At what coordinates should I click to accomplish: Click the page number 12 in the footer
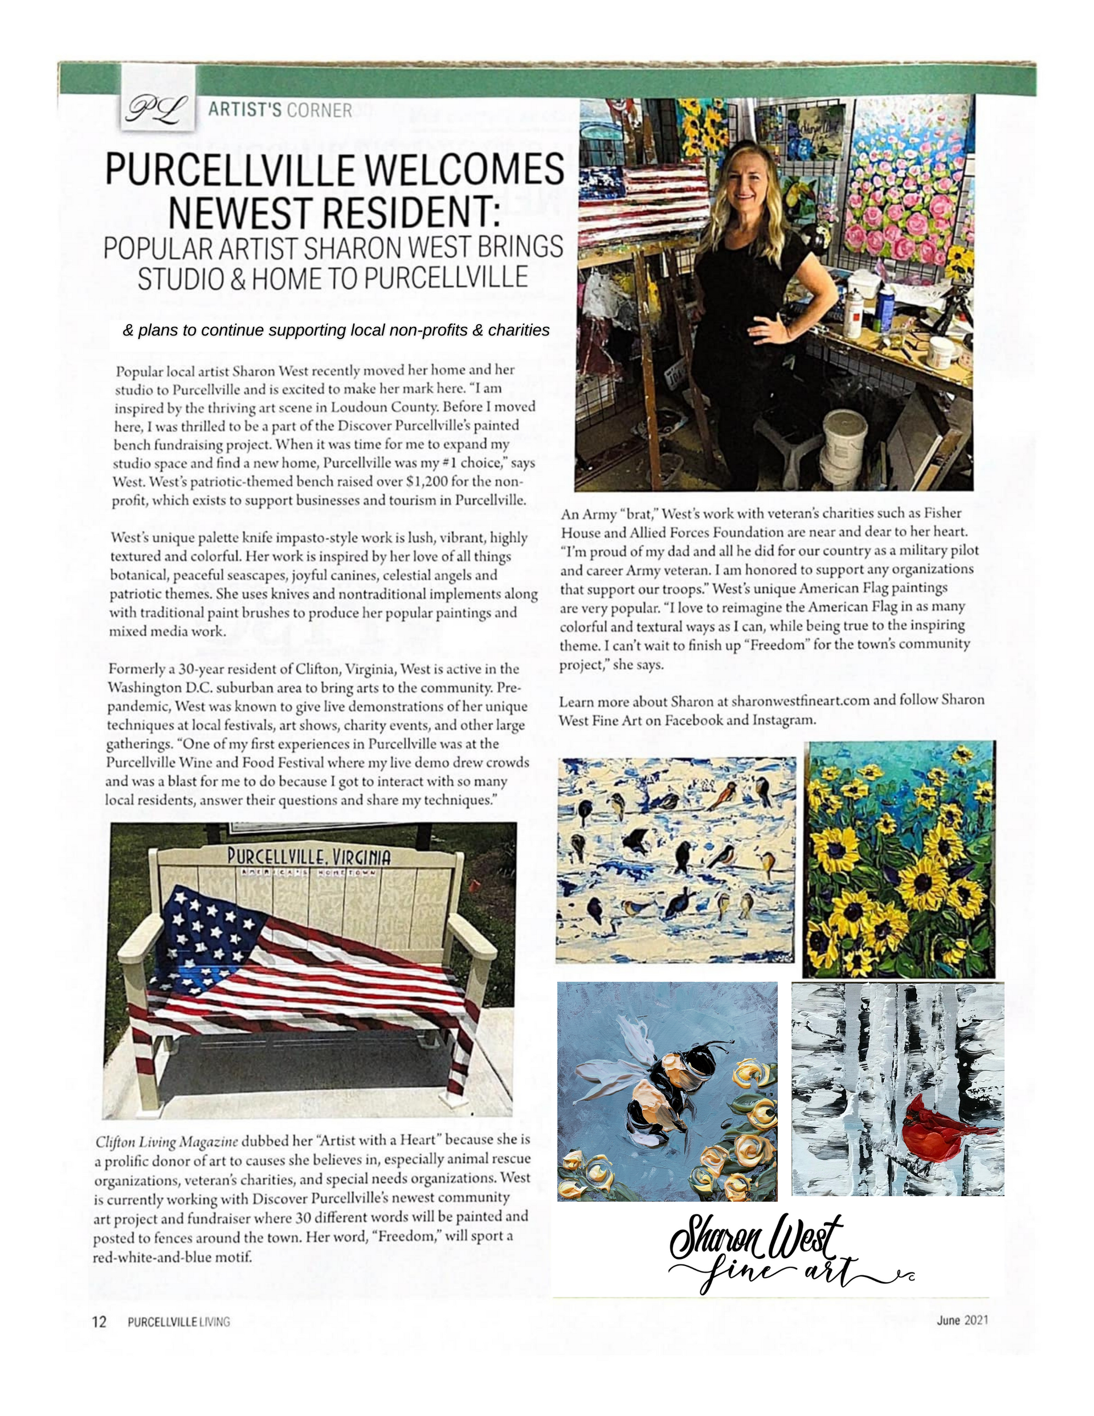pos(99,1321)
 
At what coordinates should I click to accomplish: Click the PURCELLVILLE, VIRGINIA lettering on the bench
pos(309,857)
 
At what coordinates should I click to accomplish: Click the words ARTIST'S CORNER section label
pos(280,111)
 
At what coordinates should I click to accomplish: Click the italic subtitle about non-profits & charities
pos(336,331)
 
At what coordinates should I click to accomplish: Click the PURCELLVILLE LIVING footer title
pos(178,1322)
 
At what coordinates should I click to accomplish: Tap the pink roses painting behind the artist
pos(905,194)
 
